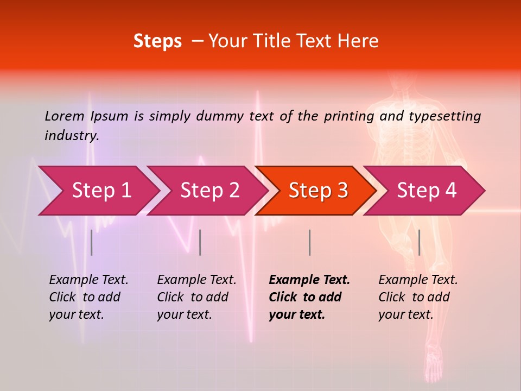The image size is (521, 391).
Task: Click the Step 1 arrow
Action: pyautogui.click(x=101, y=191)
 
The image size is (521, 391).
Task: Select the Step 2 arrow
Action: pyautogui.click(x=209, y=191)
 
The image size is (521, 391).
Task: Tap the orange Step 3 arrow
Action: pyautogui.click(x=318, y=191)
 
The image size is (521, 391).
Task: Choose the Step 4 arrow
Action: pyautogui.click(x=427, y=191)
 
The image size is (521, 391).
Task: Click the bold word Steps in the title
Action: pyautogui.click(x=157, y=41)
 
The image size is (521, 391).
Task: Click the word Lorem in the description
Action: pyautogui.click(x=65, y=116)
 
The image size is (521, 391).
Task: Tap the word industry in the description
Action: pyautogui.click(x=72, y=135)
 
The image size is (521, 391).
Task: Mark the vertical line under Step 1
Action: pyautogui.click(x=92, y=242)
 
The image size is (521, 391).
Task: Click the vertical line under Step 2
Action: pyautogui.click(x=200, y=242)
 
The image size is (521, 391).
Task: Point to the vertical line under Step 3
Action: pyautogui.click(x=309, y=242)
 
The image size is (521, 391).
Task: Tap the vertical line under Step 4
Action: pyautogui.click(x=419, y=242)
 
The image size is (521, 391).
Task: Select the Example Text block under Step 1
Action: pyautogui.click(x=88, y=297)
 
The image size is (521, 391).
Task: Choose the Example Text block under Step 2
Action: pyautogui.click(x=196, y=297)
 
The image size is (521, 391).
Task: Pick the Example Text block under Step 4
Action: pyautogui.click(x=418, y=297)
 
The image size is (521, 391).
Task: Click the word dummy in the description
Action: pyautogui.click(x=221, y=116)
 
